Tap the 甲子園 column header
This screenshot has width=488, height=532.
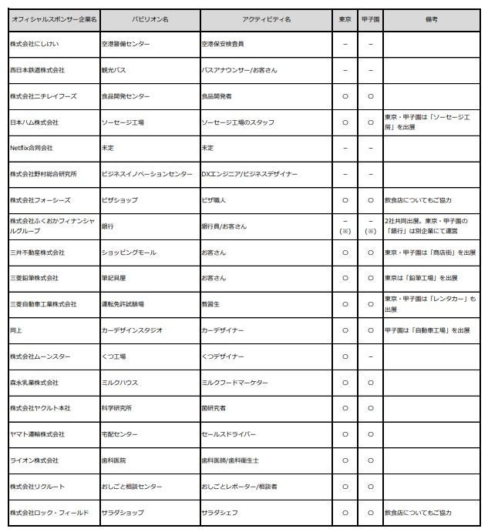[370, 18]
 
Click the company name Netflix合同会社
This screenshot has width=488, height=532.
[32, 148]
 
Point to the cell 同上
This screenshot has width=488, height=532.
[17, 330]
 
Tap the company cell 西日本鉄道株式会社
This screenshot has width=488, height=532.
[37, 70]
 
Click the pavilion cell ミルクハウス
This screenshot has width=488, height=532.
[119, 382]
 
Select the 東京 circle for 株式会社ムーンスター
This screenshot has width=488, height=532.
[345, 356]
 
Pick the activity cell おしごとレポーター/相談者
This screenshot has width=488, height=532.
[239, 487]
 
